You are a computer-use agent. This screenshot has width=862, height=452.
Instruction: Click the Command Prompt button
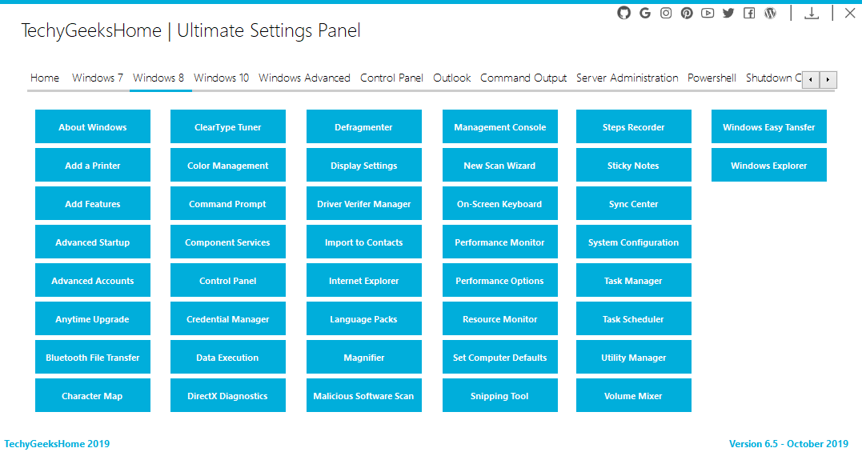(x=227, y=203)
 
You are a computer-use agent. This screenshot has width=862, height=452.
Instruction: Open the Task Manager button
(x=633, y=280)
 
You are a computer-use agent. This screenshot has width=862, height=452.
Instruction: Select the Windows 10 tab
(x=221, y=78)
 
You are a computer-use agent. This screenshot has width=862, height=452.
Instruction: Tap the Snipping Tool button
(x=499, y=395)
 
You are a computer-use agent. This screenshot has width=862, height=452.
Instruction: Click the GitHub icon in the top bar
(x=624, y=13)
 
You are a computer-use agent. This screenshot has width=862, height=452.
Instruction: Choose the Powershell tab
(x=712, y=78)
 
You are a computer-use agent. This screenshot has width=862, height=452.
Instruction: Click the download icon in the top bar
(x=812, y=13)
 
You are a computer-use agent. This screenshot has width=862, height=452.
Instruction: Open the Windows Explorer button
(x=768, y=165)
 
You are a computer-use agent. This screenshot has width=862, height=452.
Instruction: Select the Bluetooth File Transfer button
(x=92, y=357)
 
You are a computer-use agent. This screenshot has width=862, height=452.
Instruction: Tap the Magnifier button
(x=364, y=357)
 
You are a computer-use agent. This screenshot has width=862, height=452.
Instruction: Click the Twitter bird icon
(x=728, y=13)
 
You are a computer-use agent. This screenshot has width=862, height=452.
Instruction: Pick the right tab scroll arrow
(x=828, y=80)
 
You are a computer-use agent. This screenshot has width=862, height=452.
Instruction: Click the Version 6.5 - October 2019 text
(x=789, y=444)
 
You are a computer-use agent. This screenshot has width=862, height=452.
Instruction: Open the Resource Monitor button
(x=499, y=318)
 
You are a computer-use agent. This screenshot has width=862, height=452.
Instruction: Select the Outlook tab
(x=452, y=78)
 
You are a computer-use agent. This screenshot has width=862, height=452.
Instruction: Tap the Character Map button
(x=92, y=395)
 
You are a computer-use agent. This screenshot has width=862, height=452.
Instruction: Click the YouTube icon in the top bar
(x=708, y=13)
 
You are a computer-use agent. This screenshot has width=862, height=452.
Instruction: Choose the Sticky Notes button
(x=633, y=165)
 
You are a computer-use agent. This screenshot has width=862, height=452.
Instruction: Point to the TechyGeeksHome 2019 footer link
(x=57, y=444)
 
